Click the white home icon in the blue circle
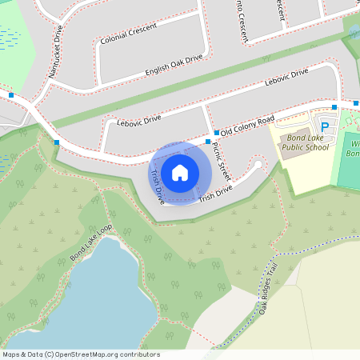(x=180, y=173)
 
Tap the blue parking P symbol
(x=325, y=126)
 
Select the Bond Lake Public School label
(x=306, y=142)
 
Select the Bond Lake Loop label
(x=91, y=246)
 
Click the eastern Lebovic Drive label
(x=286, y=78)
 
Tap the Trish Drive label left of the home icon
(x=158, y=185)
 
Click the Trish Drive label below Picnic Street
(x=215, y=193)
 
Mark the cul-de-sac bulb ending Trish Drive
(x=258, y=166)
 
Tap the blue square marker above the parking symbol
(x=334, y=106)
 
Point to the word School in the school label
(x=317, y=147)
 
